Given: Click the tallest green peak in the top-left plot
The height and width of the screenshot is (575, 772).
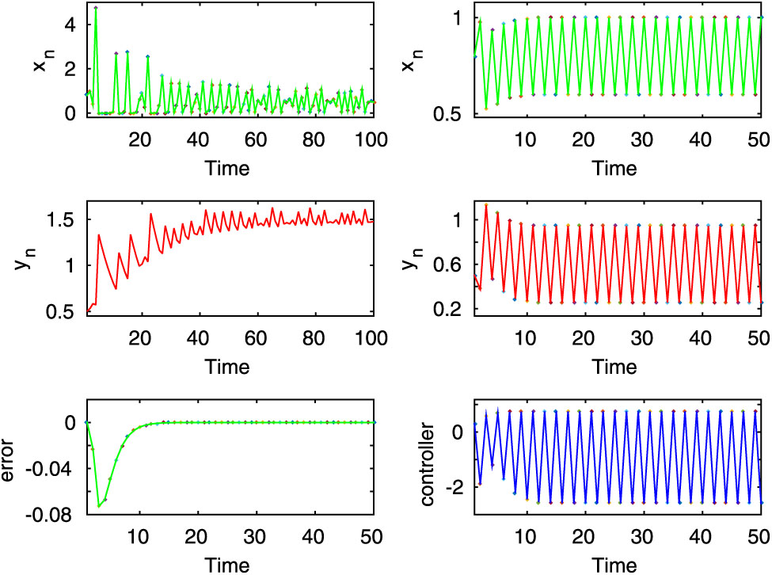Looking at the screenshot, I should pyautogui.click(x=95, y=8).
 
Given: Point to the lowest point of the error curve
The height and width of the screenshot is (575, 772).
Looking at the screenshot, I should pyautogui.click(x=99, y=505).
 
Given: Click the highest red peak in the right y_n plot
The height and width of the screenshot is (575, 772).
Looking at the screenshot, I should pyautogui.click(x=486, y=205).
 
